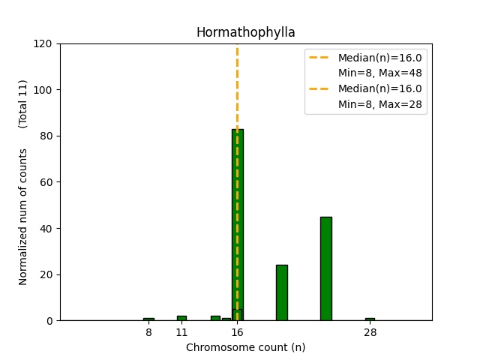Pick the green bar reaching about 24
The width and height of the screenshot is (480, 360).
tap(281, 292)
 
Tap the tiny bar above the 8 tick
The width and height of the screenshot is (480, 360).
tap(148, 319)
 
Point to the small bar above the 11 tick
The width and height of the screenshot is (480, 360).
tap(181, 318)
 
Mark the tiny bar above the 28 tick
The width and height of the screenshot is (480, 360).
tap(370, 319)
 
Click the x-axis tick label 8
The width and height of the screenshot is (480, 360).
tap(148, 332)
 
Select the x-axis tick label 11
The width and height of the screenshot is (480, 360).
tap(181, 332)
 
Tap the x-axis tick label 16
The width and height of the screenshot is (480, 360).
tap(237, 332)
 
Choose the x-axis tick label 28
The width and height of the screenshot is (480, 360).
tap(370, 332)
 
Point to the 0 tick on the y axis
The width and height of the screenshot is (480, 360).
tap(49, 321)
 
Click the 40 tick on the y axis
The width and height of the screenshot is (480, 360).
tap(46, 229)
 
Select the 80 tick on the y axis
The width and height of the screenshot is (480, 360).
tap(46, 136)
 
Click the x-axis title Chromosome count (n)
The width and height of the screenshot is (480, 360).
tap(245, 347)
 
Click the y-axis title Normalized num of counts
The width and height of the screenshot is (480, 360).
tap(23, 217)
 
